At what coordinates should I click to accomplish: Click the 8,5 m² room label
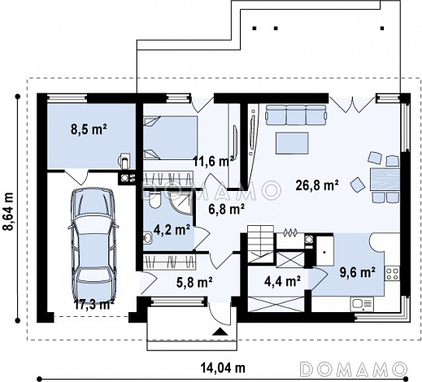click(89, 129)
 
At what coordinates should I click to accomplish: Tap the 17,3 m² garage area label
click(94, 305)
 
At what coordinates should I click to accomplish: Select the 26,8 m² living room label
click(317, 185)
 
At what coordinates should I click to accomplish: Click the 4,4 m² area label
click(282, 281)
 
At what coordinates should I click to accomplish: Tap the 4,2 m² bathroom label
click(172, 230)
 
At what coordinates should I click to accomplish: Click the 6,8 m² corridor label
click(227, 209)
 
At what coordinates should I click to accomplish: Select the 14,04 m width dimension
click(223, 367)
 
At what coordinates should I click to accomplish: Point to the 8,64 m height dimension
click(8, 211)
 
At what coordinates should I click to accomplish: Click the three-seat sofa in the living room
click(296, 115)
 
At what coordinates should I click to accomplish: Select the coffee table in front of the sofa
click(292, 143)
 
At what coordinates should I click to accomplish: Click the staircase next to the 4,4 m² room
click(261, 244)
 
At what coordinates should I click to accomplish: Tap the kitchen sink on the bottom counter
click(362, 305)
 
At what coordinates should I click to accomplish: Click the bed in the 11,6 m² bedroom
click(170, 137)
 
